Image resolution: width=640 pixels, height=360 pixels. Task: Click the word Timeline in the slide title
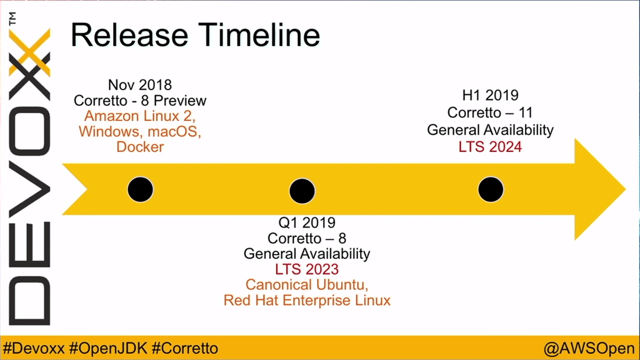pyautogui.click(x=259, y=35)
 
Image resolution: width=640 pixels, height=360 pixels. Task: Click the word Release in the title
pyautogui.click(x=130, y=35)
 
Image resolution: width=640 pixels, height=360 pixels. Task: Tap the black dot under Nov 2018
pyautogui.click(x=140, y=189)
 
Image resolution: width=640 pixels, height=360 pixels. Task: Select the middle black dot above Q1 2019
pyautogui.click(x=302, y=191)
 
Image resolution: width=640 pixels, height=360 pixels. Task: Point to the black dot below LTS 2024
pyautogui.click(x=491, y=189)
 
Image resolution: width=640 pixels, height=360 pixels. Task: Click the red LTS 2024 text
pyautogui.click(x=490, y=147)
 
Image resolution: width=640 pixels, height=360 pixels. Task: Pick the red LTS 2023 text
pyautogui.click(x=307, y=269)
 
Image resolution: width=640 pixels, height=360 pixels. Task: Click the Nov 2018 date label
pyautogui.click(x=140, y=85)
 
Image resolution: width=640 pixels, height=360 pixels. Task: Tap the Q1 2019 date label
pyautogui.click(x=307, y=222)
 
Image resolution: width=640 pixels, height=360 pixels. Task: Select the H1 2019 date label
pyautogui.click(x=490, y=95)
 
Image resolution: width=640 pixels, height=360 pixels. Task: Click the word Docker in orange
pyautogui.click(x=140, y=147)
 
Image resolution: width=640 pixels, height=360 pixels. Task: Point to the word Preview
pyautogui.click(x=180, y=101)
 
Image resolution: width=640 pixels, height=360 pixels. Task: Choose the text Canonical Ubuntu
pyautogui.click(x=306, y=285)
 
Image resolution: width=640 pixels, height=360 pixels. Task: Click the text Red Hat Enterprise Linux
pyautogui.click(x=307, y=300)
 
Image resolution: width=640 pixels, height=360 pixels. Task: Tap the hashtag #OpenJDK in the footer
pyautogui.click(x=108, y=348)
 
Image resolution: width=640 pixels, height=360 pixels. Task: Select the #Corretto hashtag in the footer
pyautogui.click(x=185, y=348)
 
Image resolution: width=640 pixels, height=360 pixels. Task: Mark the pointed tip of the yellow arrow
pyautogui.click(x=626, y=189)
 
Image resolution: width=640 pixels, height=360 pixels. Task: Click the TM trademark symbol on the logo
pyautogui.click(x=13, y=19)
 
